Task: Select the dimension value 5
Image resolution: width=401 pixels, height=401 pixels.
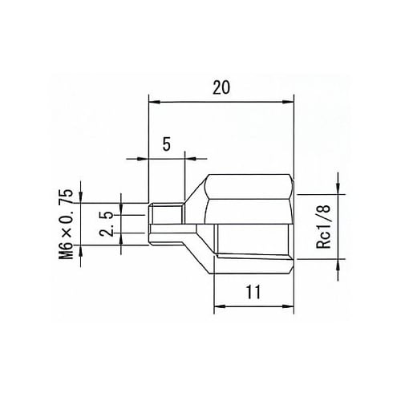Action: (167, 144)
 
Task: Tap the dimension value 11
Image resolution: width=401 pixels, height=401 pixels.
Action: (253, 293)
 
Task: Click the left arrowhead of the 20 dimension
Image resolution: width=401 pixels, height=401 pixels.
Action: (154, 101)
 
